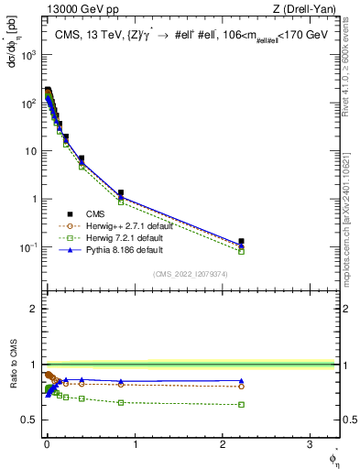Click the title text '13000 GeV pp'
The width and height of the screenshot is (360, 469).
coord(76,10)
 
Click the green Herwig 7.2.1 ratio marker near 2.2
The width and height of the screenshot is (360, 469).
coord(242,404)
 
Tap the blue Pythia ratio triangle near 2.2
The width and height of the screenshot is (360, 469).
coord(242,381)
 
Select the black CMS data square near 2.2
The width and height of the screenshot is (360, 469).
coord(242,242)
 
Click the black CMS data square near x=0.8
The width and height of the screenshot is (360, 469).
coord(121,192)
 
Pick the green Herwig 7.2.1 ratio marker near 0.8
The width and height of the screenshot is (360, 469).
coord(121,402)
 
